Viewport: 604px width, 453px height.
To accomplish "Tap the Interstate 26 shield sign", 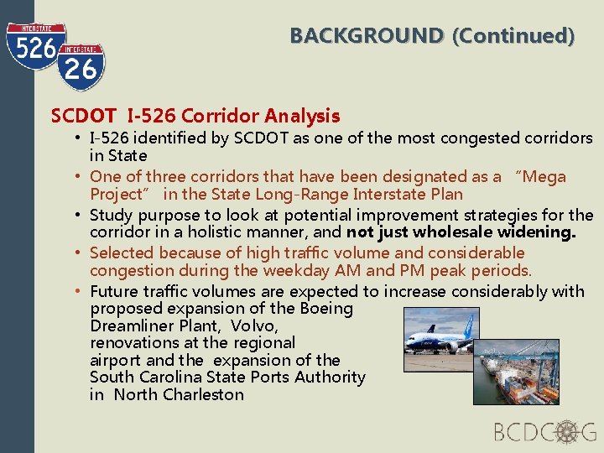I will (81, 66).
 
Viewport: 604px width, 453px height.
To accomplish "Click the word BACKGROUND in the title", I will (367, 36).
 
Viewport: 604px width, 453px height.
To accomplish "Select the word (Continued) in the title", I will (513, 36).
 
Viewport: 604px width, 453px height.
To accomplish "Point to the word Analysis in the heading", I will (302, 116).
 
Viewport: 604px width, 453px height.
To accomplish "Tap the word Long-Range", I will (284, 195).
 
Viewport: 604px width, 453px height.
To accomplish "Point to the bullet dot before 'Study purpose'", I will (76, 215).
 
